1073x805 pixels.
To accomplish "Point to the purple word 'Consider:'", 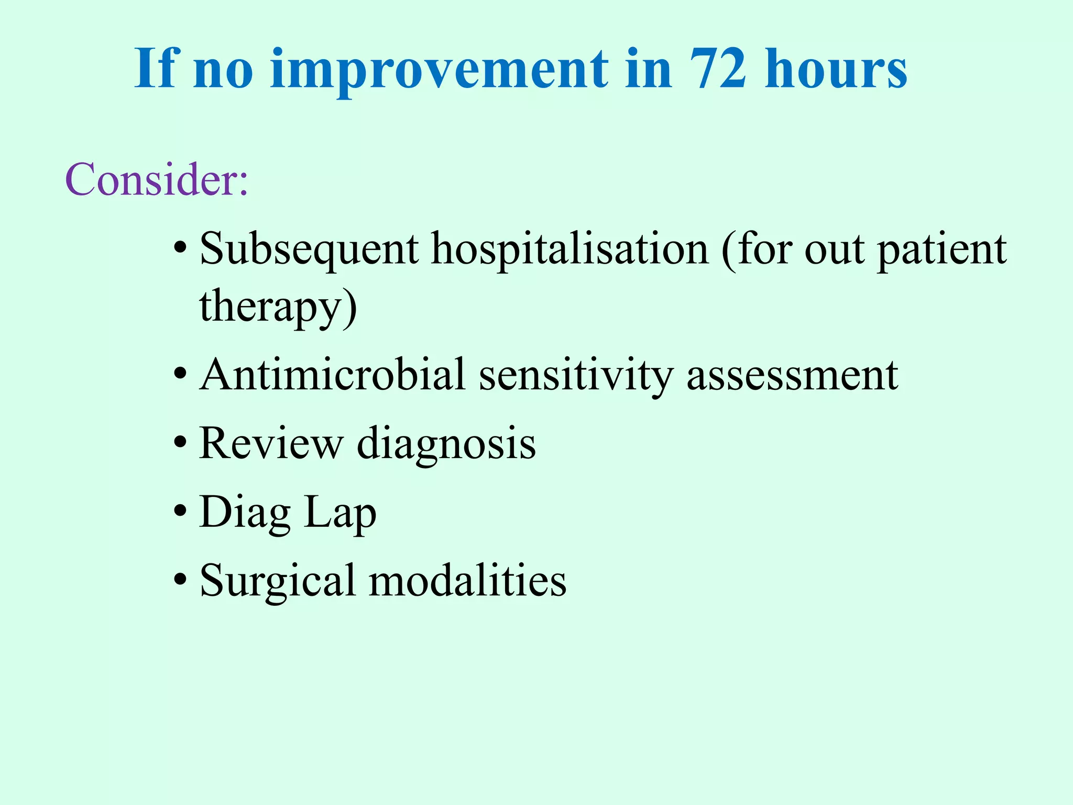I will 156,180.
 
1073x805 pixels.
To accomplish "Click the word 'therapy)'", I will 278,308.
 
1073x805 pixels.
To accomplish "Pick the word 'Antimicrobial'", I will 332,375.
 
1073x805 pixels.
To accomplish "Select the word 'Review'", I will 271,443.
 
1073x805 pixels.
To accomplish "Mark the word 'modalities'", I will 467,581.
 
